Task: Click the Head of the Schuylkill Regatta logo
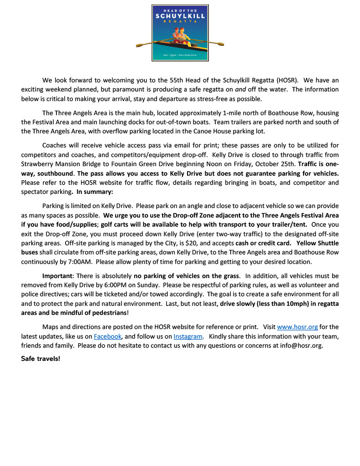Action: coord(180,33)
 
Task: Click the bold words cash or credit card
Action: coord(264,243)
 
